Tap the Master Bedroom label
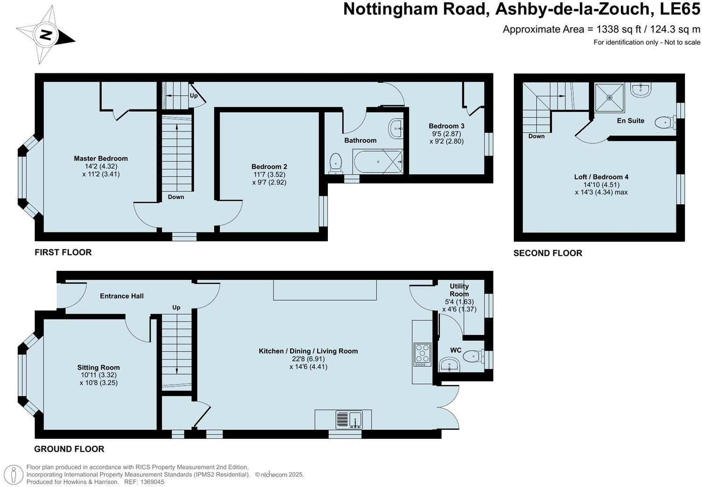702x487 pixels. [100, 159]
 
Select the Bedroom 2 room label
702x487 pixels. [269, 167]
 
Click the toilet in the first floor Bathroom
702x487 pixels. [335, 163]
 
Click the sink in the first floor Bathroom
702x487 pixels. [396, 128]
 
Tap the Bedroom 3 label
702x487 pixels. [446, 126]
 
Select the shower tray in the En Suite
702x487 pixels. [610, 98]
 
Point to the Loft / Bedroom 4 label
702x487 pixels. [601, 177]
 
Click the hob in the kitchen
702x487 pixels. [422, 354]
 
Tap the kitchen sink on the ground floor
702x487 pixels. [349, 420]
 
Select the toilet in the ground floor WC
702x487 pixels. [473, 356]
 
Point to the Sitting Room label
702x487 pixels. [99, 368]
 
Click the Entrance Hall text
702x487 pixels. [122, 296]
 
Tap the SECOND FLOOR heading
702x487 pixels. [548, 253]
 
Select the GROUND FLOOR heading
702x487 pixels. [69, 449]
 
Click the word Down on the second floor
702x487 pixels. [536, 136]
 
